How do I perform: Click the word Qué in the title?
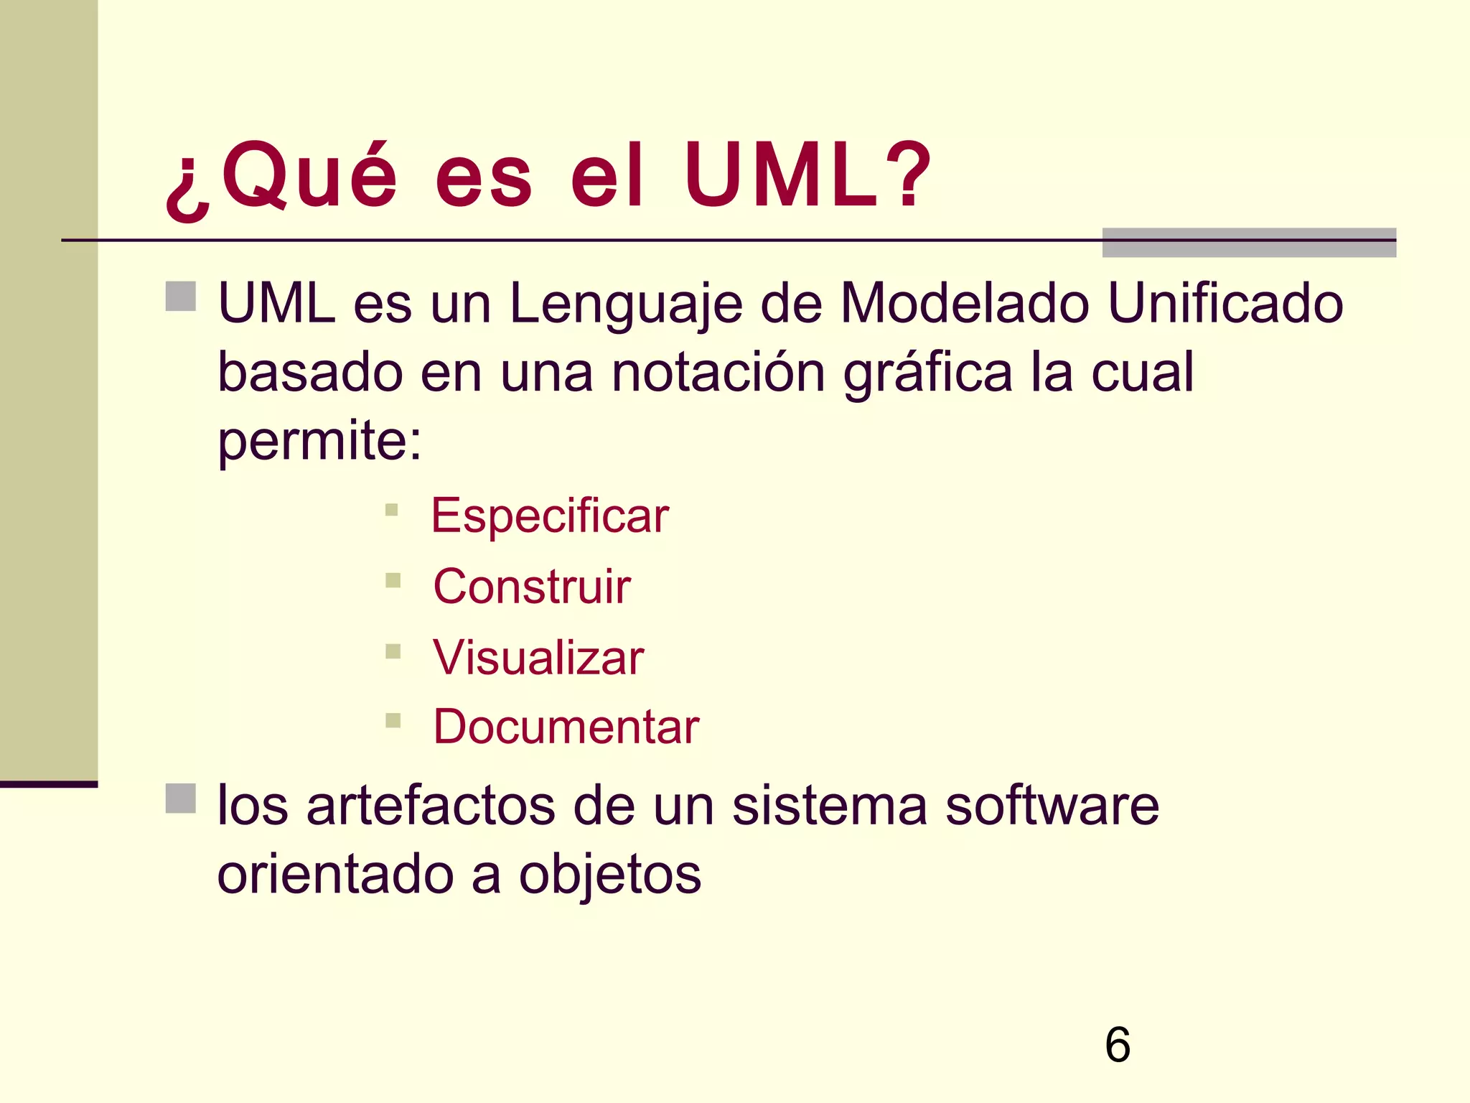(x=309, y=176)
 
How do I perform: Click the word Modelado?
(x=965, y=303)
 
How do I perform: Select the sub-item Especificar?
(x=550, y=516)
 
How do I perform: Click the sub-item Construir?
(x=532, y=587)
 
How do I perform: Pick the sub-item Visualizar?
(x=538, y=658)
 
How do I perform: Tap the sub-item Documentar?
(x=566, y=727)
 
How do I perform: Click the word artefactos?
(x=431, y=805)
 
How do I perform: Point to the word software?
(x=1052, y=805)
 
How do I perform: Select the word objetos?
(x=609, y=875)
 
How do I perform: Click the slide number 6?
(x=1118, y=1044)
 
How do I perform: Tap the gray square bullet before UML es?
(x=181, y=297)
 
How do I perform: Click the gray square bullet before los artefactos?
(x=181, y=799)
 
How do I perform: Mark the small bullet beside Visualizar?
(x=393, y=651)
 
